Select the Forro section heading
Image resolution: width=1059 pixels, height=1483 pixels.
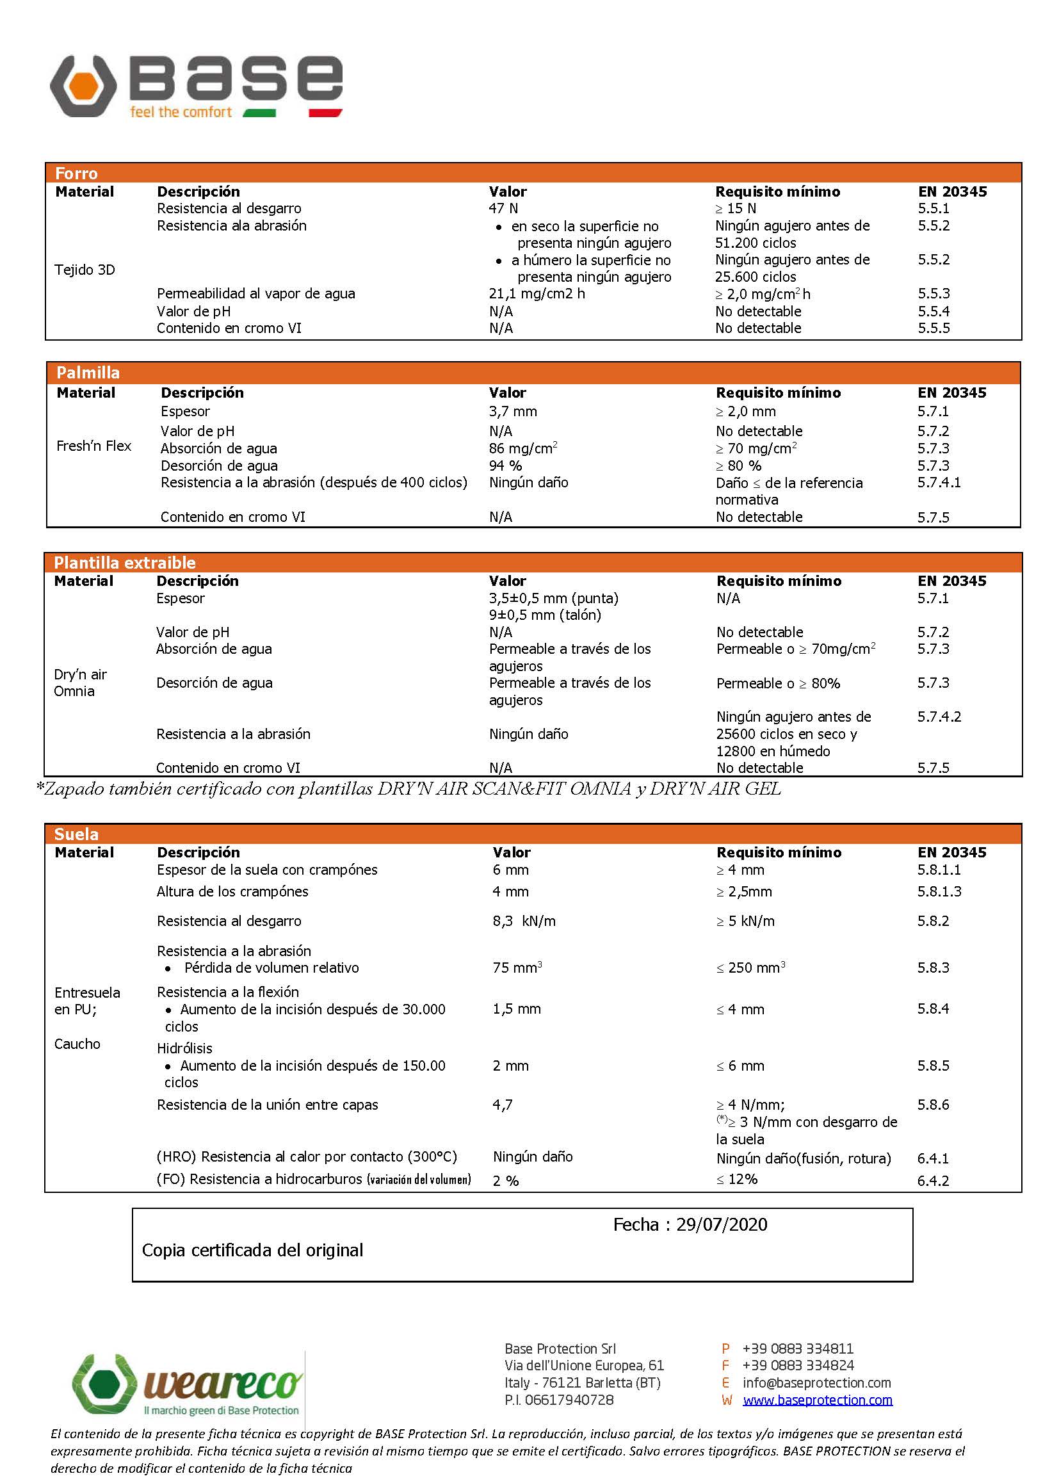click(76, 174)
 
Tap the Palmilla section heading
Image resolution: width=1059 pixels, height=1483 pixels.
click(88, 373)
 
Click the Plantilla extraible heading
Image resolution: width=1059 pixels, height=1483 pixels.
click(125, 563)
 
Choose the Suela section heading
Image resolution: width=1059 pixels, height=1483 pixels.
click(76, 834)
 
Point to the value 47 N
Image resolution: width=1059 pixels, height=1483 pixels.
click(503, 209)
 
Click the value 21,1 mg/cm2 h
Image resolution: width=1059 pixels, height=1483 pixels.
click(537, 294)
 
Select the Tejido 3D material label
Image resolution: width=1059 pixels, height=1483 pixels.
click(85, 270)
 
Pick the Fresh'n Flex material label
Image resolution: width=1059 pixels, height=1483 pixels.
click(94, 446)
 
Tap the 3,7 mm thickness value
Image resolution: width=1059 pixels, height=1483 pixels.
click(513, 412)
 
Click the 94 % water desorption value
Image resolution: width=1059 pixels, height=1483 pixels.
click(505, 466)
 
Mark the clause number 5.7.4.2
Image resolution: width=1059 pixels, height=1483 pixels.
click(939, 717)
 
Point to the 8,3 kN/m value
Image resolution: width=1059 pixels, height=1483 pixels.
click(524, 921)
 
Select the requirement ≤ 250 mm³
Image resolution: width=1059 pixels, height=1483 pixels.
click(750, 968)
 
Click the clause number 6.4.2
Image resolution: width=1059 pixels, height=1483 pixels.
click(933, 1181)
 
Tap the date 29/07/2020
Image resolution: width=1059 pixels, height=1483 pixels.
click(721, 1225)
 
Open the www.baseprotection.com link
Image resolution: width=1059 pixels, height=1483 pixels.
click(817, 1400)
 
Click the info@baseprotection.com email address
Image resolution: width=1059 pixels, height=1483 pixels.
click(816, 1382)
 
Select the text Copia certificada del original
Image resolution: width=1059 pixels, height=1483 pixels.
click(252, 1250)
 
